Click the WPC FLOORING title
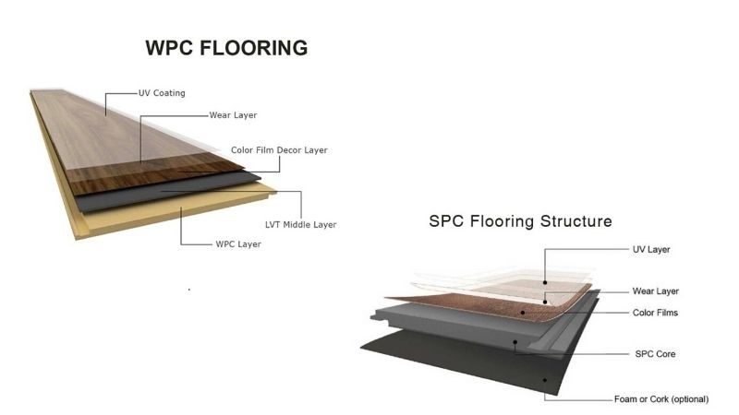coord(226,48)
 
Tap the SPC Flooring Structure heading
coord(520,221)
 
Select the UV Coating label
coord(162,93)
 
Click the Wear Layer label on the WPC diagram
coord(234,115)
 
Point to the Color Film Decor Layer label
coord(279,150)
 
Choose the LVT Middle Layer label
coord(301,225)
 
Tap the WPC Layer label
coord(238,244)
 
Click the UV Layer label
coord(651,249)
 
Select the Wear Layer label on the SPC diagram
coord(655,291)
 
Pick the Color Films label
coord(655,313)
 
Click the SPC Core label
coord(655,354)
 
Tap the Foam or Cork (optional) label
coord(661,399)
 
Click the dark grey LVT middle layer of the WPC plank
coord(165,193)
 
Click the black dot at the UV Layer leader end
coord(545,282)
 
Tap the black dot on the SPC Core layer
coord(515,342)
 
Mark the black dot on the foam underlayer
coord(545,380)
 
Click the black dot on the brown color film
coord(523,313)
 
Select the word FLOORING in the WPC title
coord(253,48)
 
